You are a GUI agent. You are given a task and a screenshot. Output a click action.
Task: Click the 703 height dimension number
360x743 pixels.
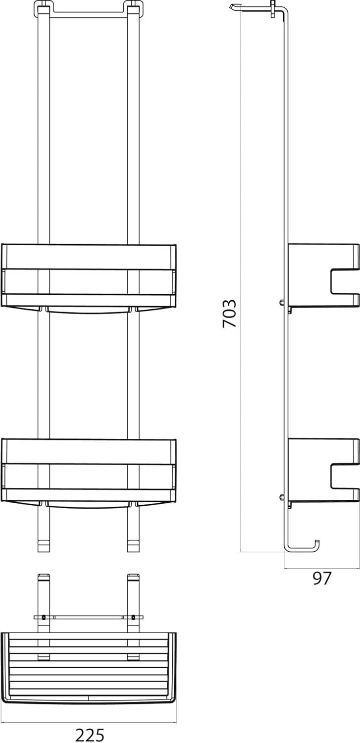coord(230,314)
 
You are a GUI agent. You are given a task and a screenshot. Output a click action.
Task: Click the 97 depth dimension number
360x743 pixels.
coord(322,578)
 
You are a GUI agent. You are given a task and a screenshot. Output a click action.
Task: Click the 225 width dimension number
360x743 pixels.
coord(90,735)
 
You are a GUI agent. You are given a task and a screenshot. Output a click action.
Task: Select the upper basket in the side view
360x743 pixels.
coord(323,276)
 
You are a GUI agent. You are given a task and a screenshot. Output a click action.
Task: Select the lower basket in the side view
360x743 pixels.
coord(323,471)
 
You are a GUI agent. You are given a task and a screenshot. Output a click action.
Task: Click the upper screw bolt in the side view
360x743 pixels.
coord(282,303)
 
